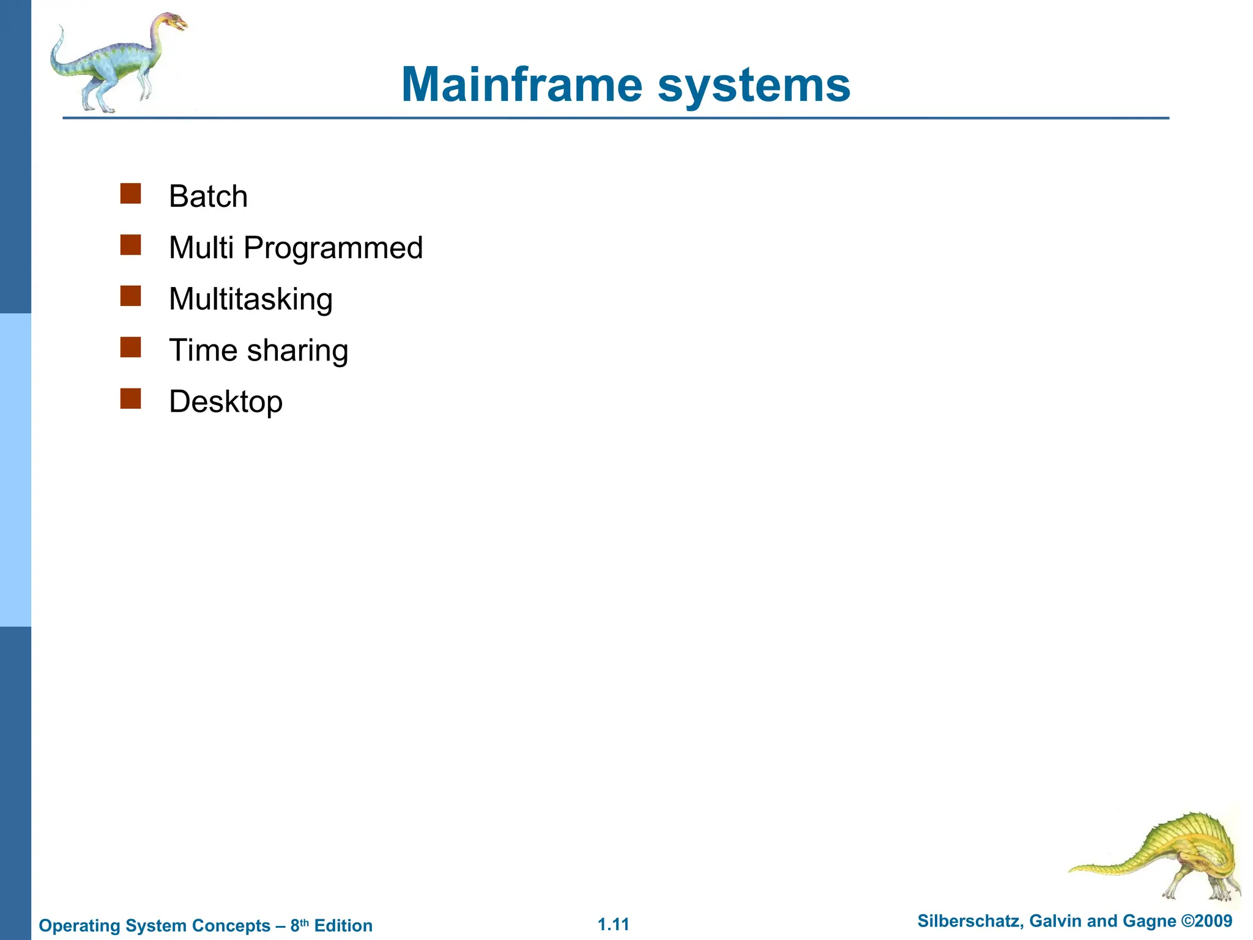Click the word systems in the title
pos(754,86)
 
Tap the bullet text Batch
pos(208,196)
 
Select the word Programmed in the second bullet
pos(333,248)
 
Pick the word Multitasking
pos(251,299)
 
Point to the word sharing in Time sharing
pos(297,351)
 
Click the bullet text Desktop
pos(226,402)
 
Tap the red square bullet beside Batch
pos(131,193)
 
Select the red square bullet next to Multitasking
pos(131,296)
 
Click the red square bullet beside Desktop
pos(131,399)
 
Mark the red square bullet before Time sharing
pos(131,348)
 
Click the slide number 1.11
pos(613,924)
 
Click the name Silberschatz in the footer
pos(969,921)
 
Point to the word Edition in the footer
pos(343,926)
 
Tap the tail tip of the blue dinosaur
pos(61,28)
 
